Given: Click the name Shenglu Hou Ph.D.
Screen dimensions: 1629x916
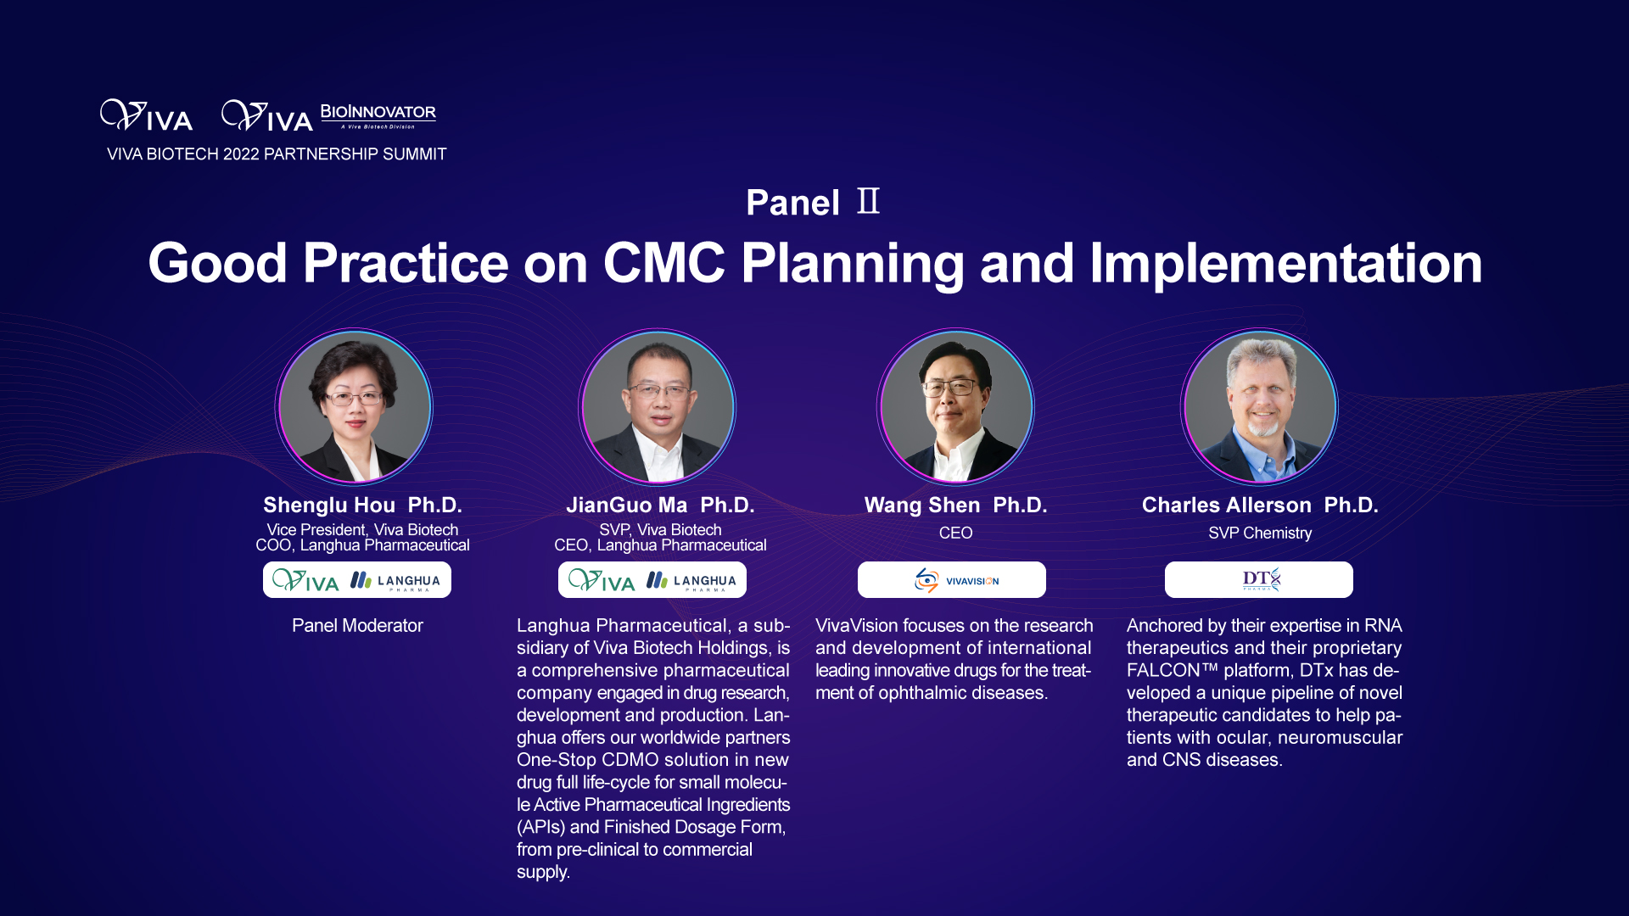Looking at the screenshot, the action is point(362,505).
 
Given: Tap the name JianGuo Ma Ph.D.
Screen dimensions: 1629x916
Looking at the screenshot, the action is point(660,505).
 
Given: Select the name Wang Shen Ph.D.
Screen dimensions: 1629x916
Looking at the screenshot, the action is point(955,505).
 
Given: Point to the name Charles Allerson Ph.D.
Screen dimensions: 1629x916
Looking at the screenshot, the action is point(1260,505).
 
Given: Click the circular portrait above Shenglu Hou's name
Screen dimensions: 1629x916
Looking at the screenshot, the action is point(354,406).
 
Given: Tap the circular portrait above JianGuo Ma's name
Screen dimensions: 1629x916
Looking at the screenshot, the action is point(658,406).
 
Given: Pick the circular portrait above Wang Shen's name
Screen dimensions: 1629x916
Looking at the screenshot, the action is point(956,406).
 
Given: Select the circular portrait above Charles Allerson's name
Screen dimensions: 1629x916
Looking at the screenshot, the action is point(1260,406).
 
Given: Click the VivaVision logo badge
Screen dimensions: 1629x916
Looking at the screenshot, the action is point(952,580).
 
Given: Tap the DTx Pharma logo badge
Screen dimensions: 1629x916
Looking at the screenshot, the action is point(1259,580).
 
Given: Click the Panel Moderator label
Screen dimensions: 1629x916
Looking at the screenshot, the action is point(357,626).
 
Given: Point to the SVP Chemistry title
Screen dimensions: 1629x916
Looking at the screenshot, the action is point(1260,533).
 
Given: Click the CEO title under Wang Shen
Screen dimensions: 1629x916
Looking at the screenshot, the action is point(955,533).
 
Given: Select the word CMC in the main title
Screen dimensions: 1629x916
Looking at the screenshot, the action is point(663,263).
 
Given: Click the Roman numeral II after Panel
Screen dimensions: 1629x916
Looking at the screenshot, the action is point(868,202).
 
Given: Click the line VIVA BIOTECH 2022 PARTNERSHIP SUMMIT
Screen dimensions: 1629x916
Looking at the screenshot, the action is point(277,154).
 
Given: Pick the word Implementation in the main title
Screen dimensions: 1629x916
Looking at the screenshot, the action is point(1286,263).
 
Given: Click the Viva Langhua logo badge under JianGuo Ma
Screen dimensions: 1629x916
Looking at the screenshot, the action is point(652,580).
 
